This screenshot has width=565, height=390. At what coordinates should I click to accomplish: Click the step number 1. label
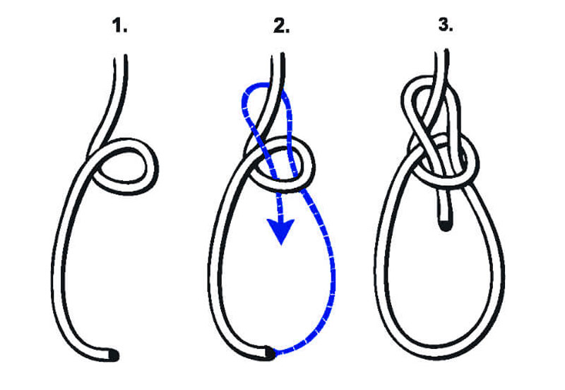pyautogui.click(x=119, y=26)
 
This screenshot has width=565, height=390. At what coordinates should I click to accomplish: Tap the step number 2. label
pyautogui.click(x=281, y=26)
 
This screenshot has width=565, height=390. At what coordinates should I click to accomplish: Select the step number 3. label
pyautogui.click(x=446, y=25)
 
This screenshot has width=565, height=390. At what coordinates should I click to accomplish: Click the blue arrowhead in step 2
pyautogui.click(x=280, y=232)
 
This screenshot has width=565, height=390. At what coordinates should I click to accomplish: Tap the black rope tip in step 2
pyautogui.click(x=270, y=353)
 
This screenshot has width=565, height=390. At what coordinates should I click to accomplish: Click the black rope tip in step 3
pyautogui.click(x=446, y=226)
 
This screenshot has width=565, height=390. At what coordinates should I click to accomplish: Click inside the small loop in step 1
pyautogui.click(x=124, y=167)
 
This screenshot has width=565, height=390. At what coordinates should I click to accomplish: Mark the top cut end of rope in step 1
pyautogui.click(x=120, y=57)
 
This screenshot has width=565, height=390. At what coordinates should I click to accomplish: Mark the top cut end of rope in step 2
pyautogui.click(x=278, y=55)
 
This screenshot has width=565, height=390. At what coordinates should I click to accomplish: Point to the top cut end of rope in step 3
pyautogui.click(x=442, y=51)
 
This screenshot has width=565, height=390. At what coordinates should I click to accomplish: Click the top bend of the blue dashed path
pyautogui.click(x=256, y=86)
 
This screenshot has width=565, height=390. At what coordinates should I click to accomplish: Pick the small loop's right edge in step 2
pyautogui.click(x=310, y=166)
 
